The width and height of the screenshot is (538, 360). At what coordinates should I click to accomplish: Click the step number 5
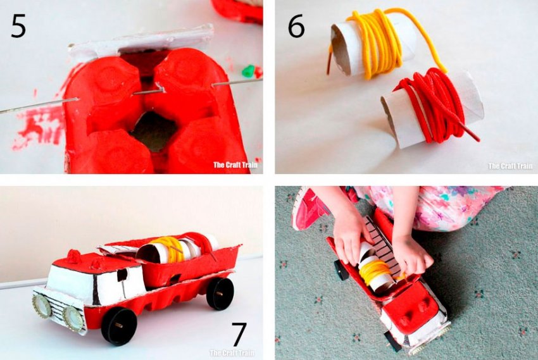(18, 27)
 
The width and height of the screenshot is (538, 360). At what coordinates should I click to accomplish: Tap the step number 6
(296, 27)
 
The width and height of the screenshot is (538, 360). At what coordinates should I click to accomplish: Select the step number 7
(239, 334)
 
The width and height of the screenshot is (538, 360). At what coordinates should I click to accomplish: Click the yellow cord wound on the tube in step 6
(377, 43)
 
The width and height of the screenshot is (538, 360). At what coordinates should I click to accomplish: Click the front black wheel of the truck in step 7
(120, 325)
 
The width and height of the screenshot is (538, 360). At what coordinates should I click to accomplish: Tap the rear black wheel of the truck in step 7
(220, 294)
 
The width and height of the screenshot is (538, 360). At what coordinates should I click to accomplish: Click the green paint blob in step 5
(248, 71)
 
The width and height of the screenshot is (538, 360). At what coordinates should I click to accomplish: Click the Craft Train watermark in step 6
(511, 166)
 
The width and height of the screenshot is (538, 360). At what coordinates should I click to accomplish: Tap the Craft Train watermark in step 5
(235, 164)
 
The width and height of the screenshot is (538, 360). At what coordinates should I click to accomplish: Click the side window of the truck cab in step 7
(121, 275)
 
